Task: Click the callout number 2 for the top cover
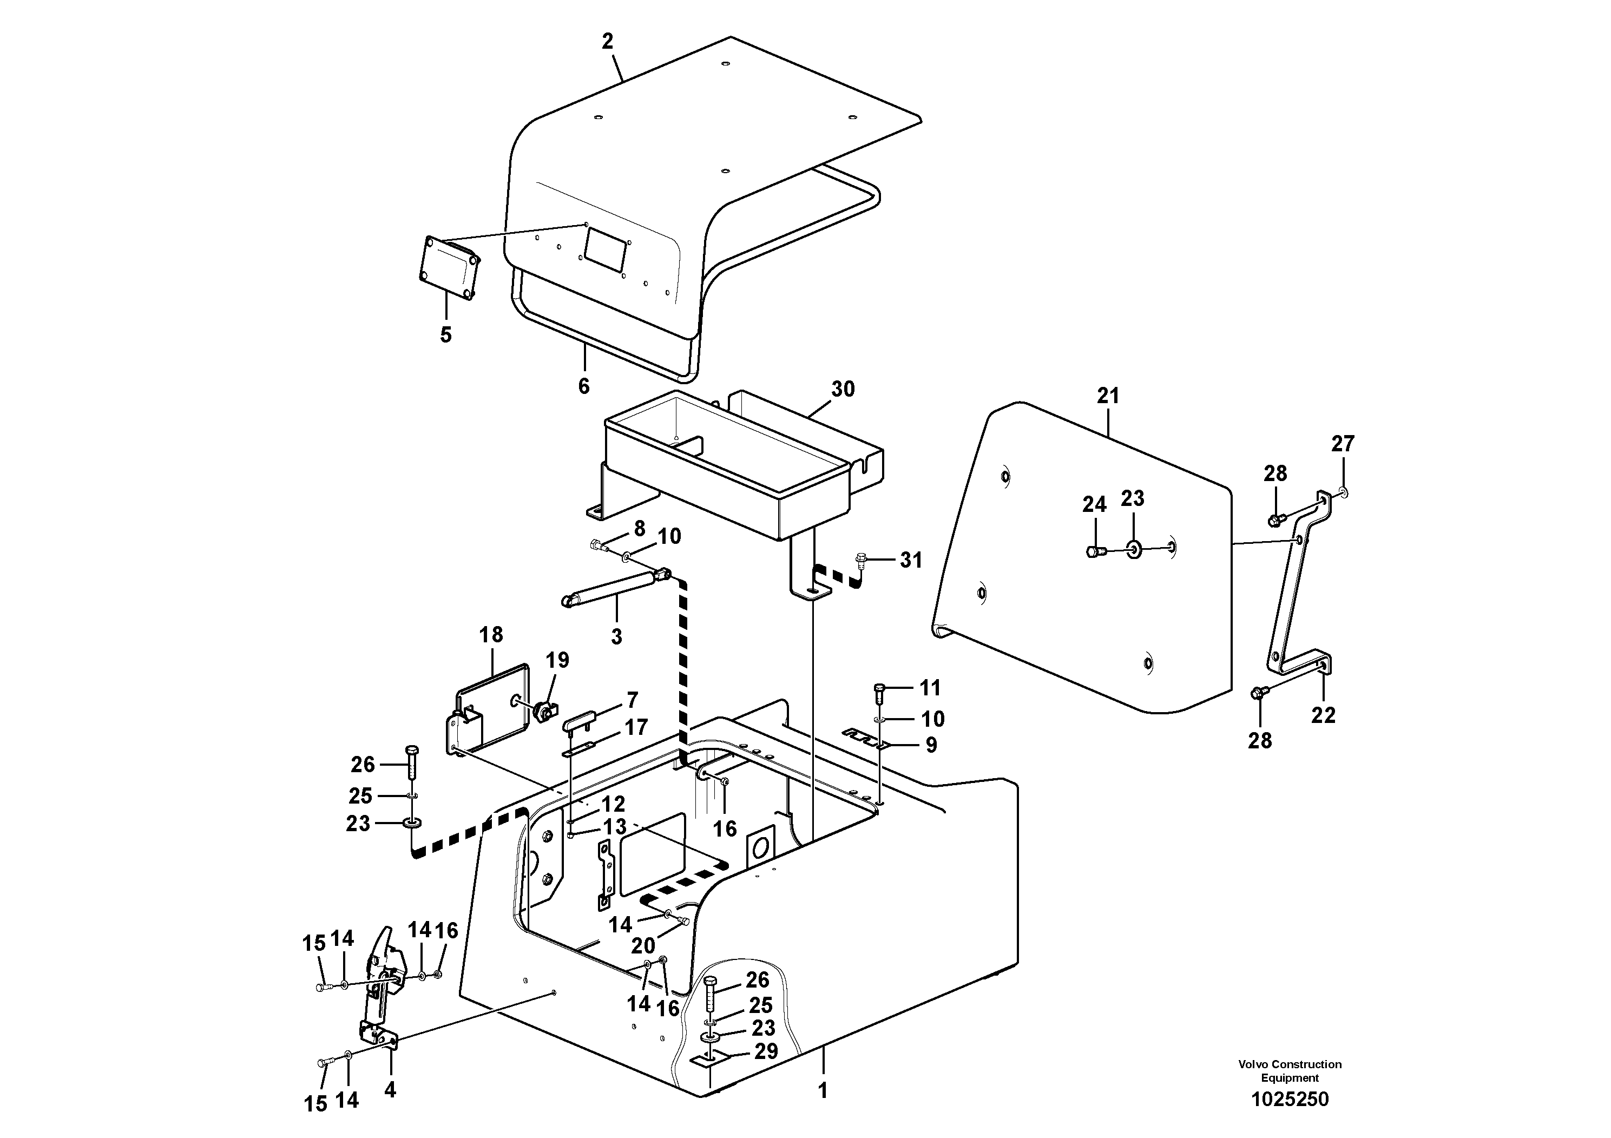coord(607,41)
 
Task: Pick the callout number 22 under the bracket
coord(1323,715)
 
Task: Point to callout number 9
coord(931,745)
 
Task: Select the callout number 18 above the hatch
coord(491,635)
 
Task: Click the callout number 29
coord(766,1071)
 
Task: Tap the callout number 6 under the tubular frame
coord(584,386)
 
